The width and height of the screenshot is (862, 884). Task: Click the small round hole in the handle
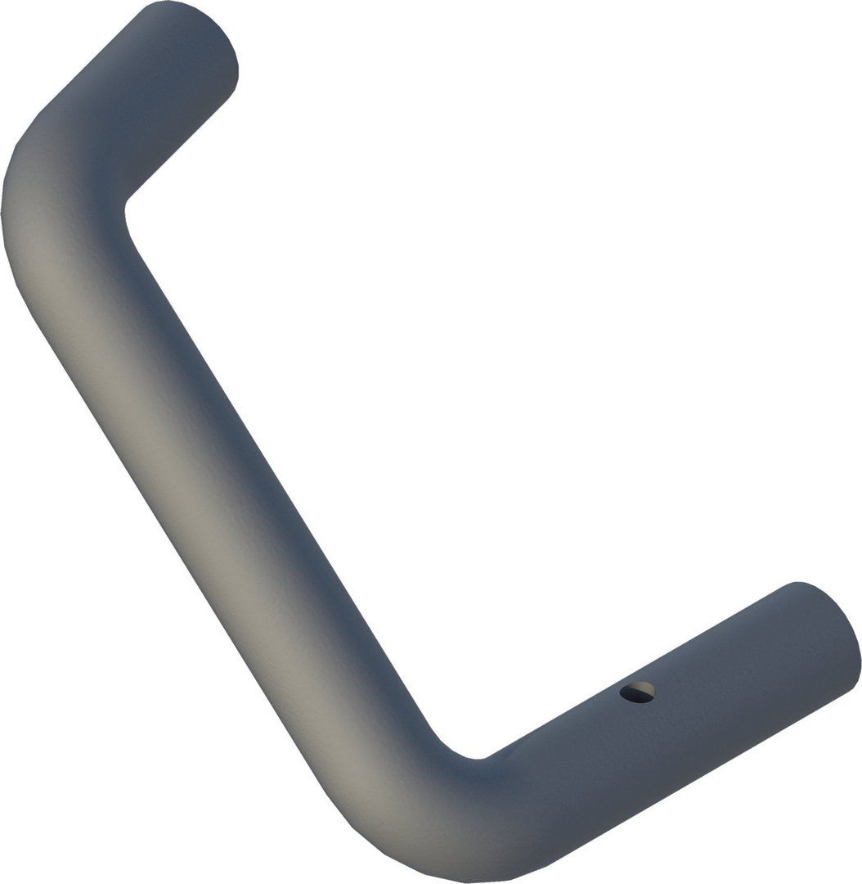pyautogui.click(x=637, y=692)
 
